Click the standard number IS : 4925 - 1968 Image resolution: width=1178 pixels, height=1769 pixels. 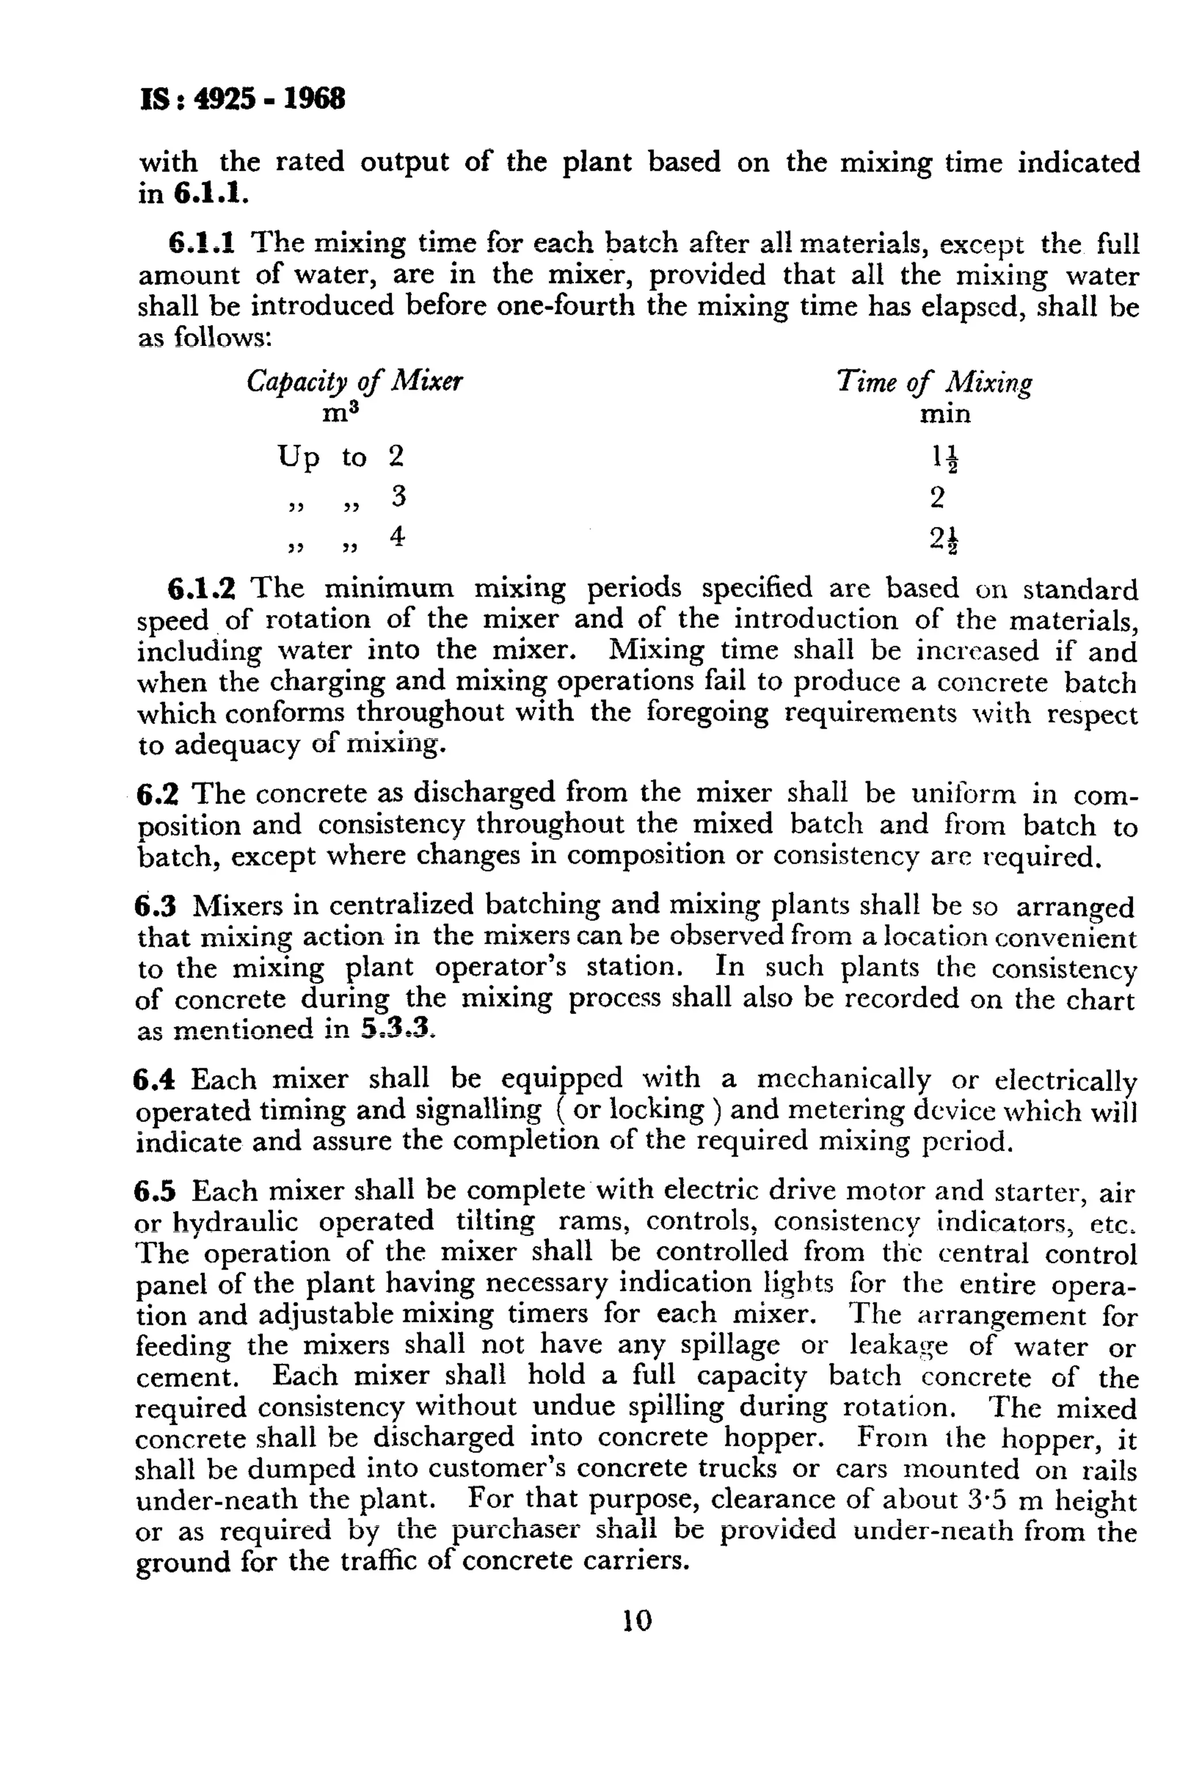pyautogui.click(x=242, y=99)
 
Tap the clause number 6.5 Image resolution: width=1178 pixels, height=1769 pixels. pyautogui.click(x=155, y=1192)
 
